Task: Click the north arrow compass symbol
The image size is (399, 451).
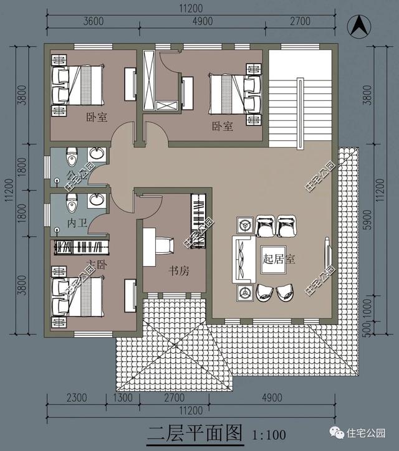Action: (x=360, y=26)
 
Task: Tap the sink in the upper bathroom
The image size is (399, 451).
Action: (x=97, y=153)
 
